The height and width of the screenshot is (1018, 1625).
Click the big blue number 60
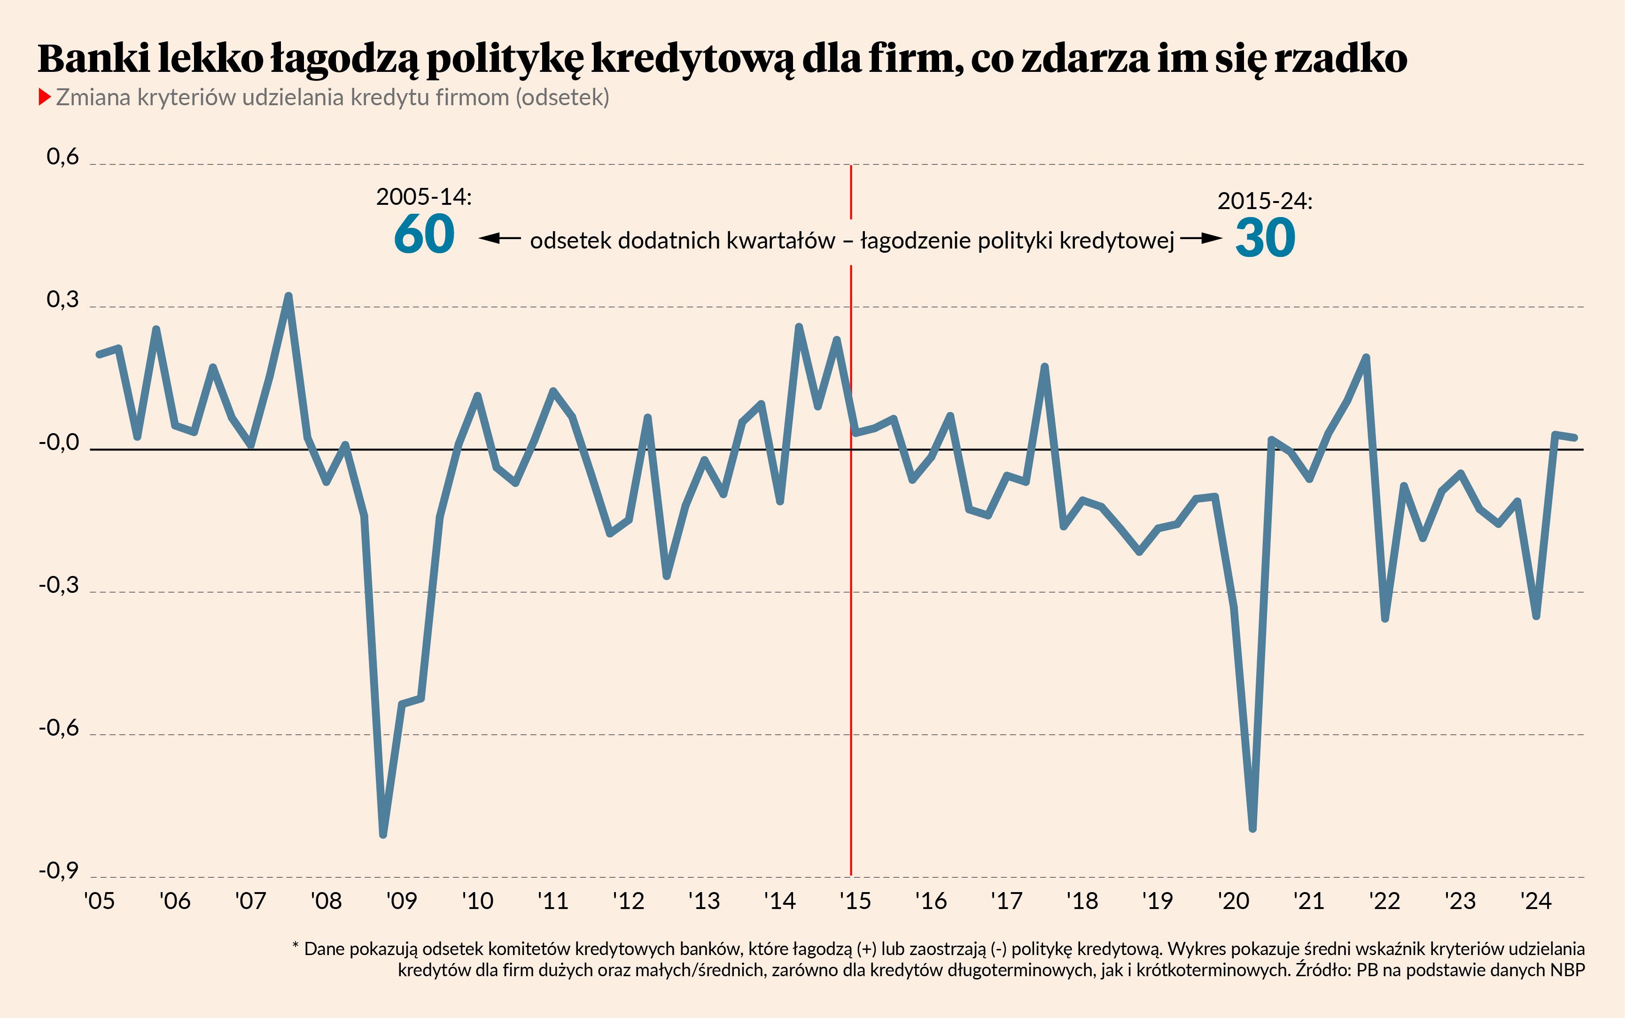[x=424, y=234]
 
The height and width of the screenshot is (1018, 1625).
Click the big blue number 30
[x=1265, y=238]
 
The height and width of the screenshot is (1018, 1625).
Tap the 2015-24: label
[x=1265, y=201]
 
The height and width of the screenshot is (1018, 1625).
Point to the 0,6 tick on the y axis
[x=62, y=157]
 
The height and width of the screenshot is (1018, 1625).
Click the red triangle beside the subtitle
[x=45, y=98]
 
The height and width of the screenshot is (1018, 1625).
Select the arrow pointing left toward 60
[x=499, y=238]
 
